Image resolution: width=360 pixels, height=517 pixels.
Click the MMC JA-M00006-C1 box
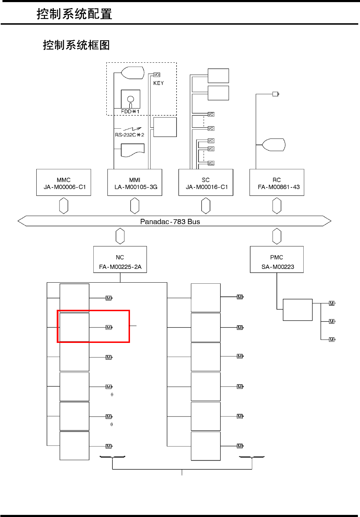coord(64,182)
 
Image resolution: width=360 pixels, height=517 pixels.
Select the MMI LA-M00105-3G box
coord(135,182)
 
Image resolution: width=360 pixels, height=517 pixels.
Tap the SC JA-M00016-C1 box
coord(206,182)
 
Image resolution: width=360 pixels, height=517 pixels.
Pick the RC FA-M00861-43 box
coord(277,182)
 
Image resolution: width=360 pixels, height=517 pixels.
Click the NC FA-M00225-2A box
coord(120,259)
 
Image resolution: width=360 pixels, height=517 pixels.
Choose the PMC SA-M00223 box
coord(277,259)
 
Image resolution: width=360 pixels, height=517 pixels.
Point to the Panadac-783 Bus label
coord(170,222)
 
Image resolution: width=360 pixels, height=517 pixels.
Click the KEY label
coord(159,83)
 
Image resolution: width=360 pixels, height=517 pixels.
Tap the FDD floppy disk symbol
coord(131,99)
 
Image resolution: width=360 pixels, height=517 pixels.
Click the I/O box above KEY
coord(157,75)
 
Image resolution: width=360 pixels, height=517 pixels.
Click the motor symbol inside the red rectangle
coord(109,327)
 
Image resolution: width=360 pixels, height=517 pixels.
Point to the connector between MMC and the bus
coord(64,206)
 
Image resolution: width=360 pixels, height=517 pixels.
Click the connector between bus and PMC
coord(277,236)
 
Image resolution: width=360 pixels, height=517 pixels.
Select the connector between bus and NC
coord(120,236)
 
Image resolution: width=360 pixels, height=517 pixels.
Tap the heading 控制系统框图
coord(76,45)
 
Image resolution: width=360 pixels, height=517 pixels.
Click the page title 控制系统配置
coord(74,14)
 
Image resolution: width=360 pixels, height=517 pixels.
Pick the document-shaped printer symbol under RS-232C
coord(133,150)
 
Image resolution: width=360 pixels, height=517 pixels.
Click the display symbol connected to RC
coord(274,145)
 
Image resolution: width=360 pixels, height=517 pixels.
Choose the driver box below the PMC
coord(298,310)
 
